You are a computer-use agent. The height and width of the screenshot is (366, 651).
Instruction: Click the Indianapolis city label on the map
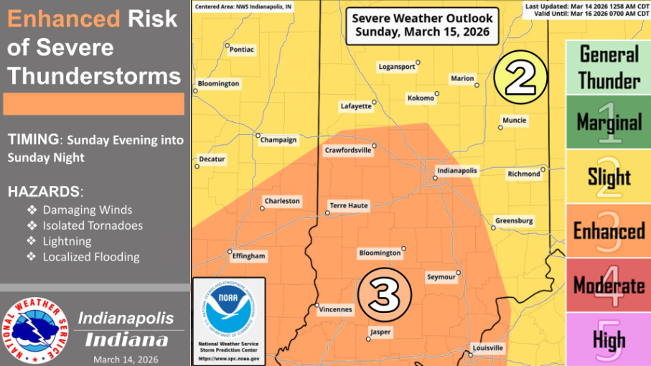pyautogui.click(x=456, y=170)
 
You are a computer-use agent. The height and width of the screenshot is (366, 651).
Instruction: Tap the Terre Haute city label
pyautogui.click(x=348, y=205)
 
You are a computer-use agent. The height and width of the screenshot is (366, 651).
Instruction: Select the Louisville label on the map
pyautogui.click(x=487, y=348)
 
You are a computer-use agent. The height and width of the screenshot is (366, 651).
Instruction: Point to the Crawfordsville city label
pyautogui.click(x=347, y=151)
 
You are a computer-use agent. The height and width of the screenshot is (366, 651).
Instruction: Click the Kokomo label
pyautogui.click(x=420, y=98)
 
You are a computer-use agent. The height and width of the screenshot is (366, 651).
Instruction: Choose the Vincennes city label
pyautogui.click(x=335, y=310)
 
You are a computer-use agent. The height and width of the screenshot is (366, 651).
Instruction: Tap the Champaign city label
pyautogui.click(x=278, y=140)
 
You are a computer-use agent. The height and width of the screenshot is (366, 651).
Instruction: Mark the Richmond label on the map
pyautogui.click(x=523, y=174)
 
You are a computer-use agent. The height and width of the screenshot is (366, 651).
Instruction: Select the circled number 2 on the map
pyautogui.click(x=520, y=75)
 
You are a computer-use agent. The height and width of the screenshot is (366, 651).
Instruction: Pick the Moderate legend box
pyautogui.click(x=609, y=286)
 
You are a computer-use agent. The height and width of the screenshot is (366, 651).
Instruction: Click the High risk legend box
pyautogui.click(x=609, y=339)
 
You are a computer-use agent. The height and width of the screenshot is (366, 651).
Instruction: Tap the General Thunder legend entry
pyautogui.click(x=609, y=67)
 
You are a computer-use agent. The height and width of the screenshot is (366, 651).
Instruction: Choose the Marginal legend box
pyautogui.click(x=609, y=122)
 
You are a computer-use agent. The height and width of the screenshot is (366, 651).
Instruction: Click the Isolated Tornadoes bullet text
pyautogui.click(x=93, y=225)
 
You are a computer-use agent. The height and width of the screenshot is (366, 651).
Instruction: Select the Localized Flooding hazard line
pyautogui.click(x=91, y=257)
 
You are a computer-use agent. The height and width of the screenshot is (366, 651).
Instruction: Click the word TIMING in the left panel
pyautogui.click(x=34, y=140)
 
